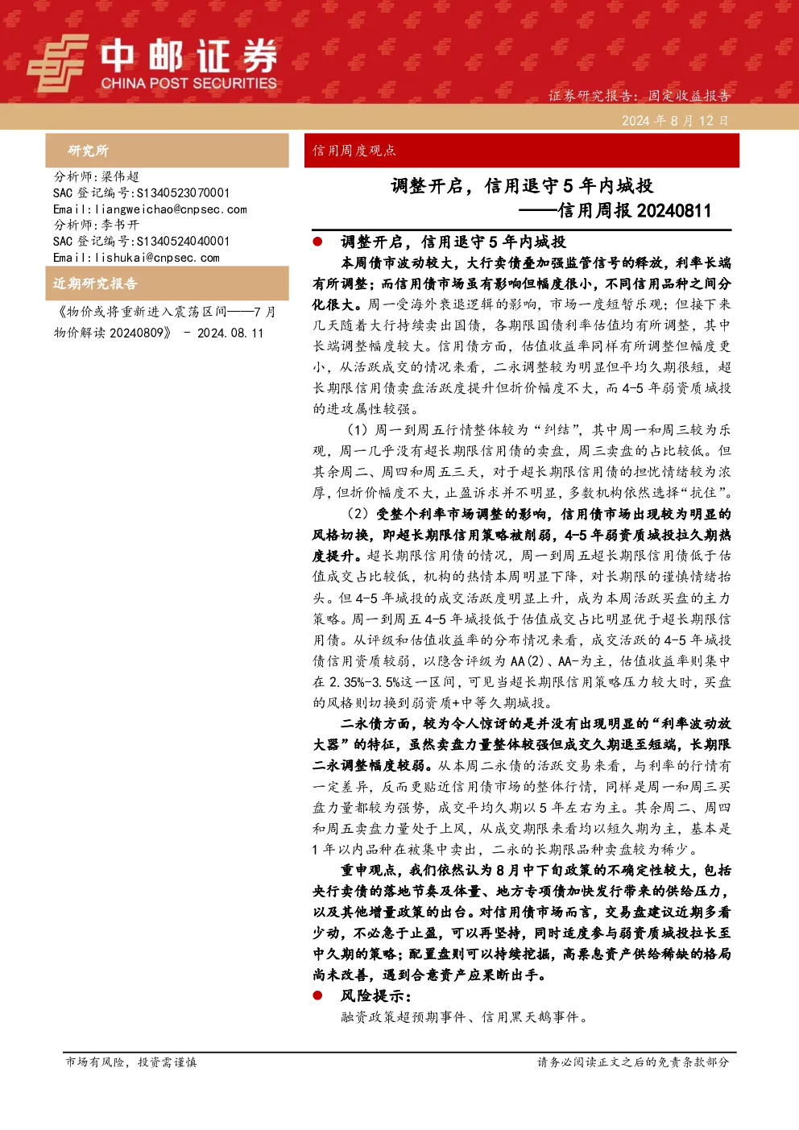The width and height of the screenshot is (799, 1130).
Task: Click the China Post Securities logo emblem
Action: [58, 63]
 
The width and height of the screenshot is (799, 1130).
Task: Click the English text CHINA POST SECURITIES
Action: [188, 83]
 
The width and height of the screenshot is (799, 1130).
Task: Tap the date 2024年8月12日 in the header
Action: [675, 121]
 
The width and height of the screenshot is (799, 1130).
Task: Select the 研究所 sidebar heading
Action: [88, 151]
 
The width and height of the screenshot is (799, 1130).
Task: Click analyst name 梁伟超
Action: [120, 176]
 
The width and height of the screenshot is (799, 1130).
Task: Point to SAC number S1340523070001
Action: [183, 192]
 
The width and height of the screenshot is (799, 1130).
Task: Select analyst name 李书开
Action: [120, 225]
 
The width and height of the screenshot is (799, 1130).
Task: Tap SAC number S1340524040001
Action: [183, 241]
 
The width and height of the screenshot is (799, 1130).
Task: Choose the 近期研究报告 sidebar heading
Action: [95, 284]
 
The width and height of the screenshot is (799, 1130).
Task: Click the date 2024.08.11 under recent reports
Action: [230, 333]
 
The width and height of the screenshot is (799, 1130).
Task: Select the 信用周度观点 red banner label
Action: [354, 151]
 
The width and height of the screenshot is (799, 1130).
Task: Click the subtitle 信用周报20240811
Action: [635, 210]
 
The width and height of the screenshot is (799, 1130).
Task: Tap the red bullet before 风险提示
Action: [317, 995]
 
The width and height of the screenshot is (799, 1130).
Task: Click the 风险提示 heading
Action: [376, 995]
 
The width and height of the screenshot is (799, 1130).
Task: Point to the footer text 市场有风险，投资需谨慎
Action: [131, 1062]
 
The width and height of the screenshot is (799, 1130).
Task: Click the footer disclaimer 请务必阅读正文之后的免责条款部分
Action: [633, 1062]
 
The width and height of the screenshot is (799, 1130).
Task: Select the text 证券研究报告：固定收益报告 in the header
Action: [639, 96]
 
